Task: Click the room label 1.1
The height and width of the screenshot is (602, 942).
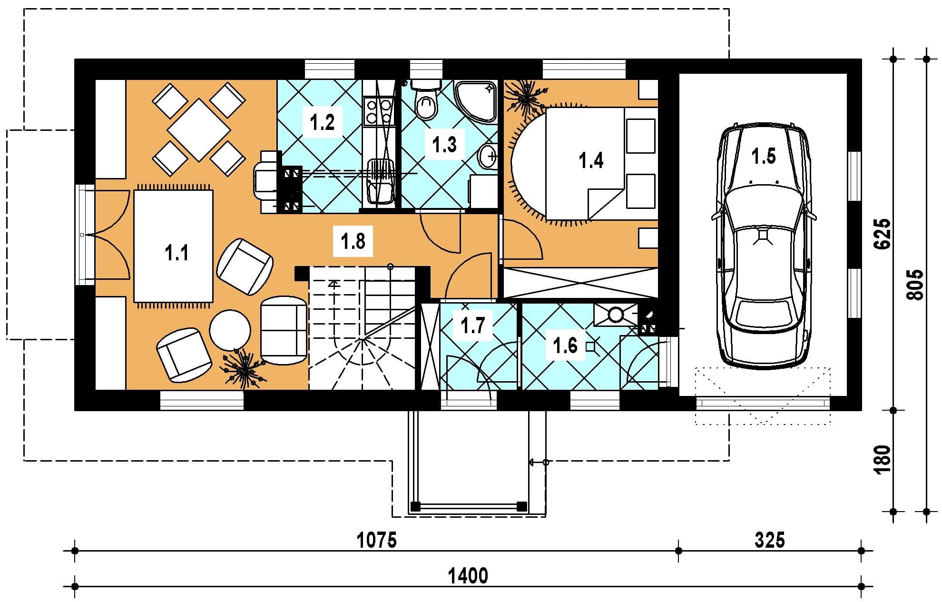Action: (177, 253)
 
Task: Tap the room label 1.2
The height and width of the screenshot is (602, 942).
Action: (322, 122)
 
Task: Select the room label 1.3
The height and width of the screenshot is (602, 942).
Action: (444, 144)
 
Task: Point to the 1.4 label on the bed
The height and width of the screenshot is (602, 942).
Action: (591, 160)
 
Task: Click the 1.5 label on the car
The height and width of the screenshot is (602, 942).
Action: (764, 156)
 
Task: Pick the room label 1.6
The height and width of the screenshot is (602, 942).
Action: (565, 345)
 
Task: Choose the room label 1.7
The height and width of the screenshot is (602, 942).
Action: (472, 326)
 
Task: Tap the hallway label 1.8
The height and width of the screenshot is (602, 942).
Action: (353, 241)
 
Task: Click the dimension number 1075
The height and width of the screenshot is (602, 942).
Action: (377, 541)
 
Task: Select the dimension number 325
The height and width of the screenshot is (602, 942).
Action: (770, 541)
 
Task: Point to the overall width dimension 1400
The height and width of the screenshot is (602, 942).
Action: (468, 576)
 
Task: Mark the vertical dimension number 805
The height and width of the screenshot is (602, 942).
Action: (915, 285)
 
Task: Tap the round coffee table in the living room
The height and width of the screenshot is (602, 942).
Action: (230, 330)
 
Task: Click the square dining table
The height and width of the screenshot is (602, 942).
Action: (199, 130)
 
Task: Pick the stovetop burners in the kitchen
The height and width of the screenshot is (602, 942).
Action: (379, 110)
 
